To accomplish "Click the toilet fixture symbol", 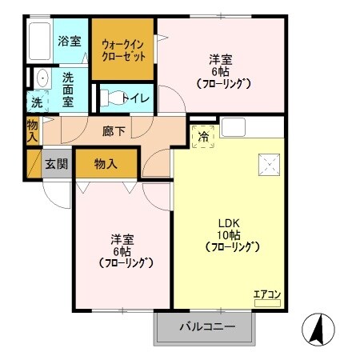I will click(x=114, y=98).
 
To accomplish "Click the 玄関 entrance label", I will click(x=56, y=164).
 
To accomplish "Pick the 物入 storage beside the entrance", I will click(x=106, y=163).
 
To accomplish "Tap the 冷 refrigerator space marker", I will click(x=203, y=137).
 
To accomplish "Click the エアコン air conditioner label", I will click(x=266, y=294).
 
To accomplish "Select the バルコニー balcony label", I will click(x=206, y=326).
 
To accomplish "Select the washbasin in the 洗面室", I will click(x=40, y=78).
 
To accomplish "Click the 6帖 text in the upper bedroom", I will click(x=222, y=70).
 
